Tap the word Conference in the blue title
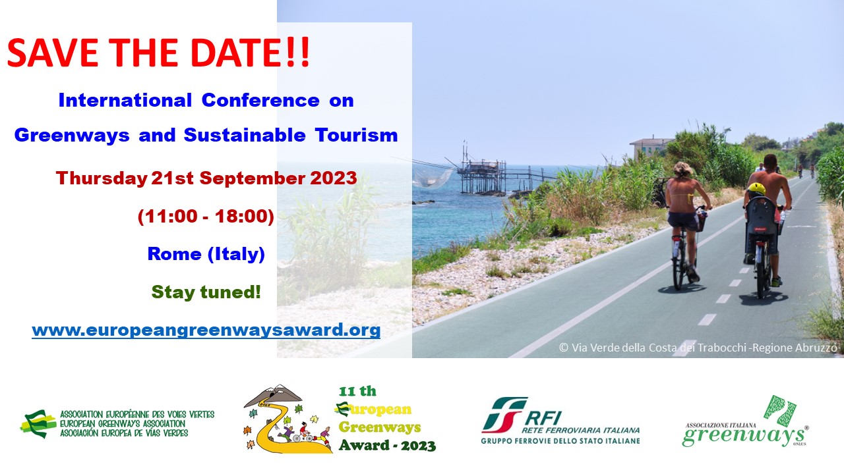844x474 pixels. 260,101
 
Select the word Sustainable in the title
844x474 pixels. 245,135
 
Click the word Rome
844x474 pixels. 175,254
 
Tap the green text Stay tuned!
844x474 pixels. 206,292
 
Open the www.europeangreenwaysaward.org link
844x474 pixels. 206,330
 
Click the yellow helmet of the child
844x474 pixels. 756,189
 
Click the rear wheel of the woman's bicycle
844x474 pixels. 679,264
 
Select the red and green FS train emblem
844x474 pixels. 504,415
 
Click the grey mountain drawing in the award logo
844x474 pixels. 273,396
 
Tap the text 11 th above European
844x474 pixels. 357,391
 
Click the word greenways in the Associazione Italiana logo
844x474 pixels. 743,436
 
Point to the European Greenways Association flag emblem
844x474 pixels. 38,424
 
